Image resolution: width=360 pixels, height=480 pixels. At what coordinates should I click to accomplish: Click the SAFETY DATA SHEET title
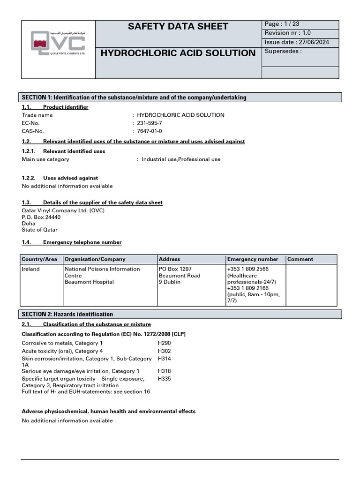[x=178, y=27]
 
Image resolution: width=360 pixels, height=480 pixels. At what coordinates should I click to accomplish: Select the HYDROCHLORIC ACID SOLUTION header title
[x=178, y=53]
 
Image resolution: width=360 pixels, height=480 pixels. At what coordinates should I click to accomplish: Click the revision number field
[x=287, y=33]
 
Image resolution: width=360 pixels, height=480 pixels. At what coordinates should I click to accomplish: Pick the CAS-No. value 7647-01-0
[x=150, y=131]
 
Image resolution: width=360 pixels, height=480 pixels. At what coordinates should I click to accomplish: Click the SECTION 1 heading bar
[x=181, y=97]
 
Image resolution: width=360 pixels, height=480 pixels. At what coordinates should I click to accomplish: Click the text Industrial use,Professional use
[x=181, y=159]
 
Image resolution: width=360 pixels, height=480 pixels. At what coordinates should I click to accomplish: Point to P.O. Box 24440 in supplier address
[x=41, y=217]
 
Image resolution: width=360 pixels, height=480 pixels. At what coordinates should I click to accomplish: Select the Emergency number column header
[x=253, y=259]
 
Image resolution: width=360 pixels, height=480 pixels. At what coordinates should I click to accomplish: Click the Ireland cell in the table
[x=31, y=269]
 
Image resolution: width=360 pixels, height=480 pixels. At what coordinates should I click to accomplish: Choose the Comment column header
[x=300, y=259]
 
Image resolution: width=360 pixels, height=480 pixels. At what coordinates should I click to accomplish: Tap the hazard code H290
[x=165, y=343]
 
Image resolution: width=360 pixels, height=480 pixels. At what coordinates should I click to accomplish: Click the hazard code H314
[x=165, y=359]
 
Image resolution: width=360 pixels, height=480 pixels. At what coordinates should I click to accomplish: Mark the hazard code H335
[x=165, y=378]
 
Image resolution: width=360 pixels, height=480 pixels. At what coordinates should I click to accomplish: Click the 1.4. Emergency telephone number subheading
[x=72, y=242]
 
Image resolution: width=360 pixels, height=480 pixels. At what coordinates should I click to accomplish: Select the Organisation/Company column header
[x=95, y=259]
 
